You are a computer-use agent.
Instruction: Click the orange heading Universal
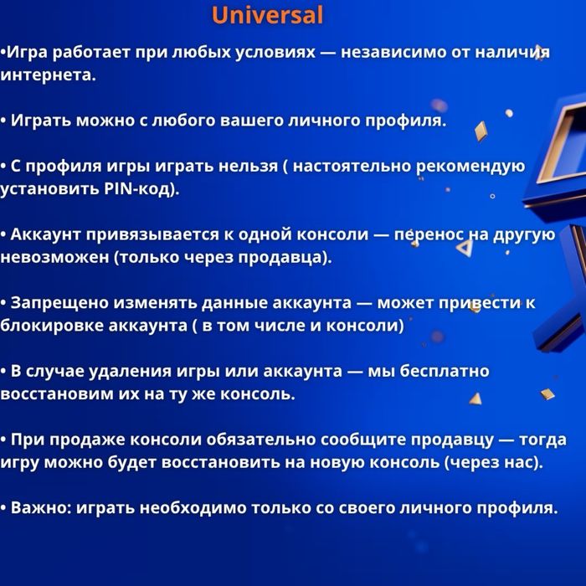[x=267, y=15]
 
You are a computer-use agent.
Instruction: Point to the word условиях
[x=271, y=53]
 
